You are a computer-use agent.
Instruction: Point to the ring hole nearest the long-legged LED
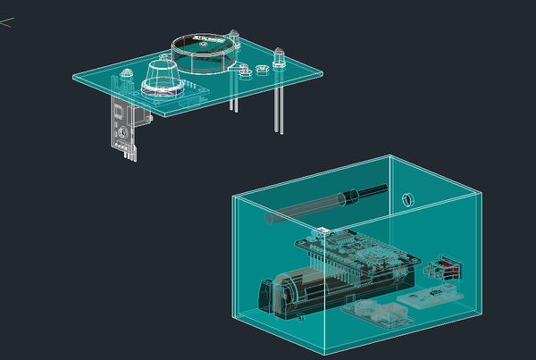[263, 69]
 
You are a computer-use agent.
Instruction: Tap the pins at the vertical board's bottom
[130, 154]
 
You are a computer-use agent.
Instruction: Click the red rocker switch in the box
[446, 268]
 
